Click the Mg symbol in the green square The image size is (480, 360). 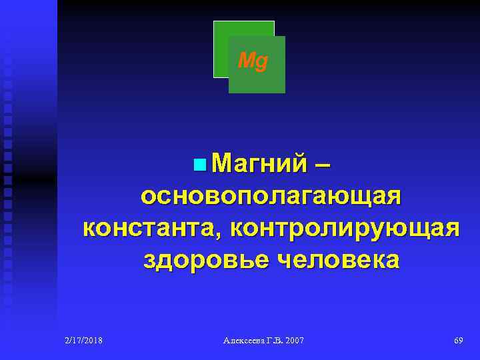pos(253,63)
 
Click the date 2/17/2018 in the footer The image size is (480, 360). pos(83,341)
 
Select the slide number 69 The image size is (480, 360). pos(458,341)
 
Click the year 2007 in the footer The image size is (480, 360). pos(293,341)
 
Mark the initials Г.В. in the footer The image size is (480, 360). pos(273,341)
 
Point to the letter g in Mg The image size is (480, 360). pos(261,64)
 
